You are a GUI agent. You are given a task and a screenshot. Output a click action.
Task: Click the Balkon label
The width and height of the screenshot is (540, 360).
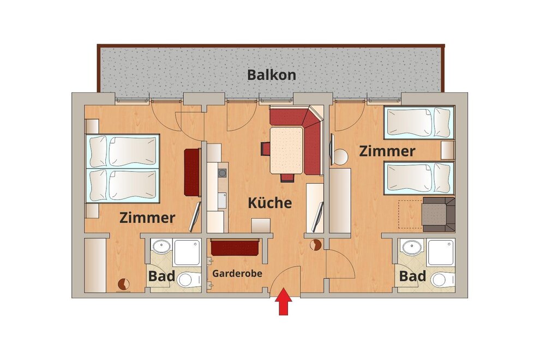pyautogui.click(x=272, y=75)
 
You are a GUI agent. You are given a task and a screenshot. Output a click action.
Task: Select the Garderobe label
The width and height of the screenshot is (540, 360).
pyautogui.click(x=237, y=273)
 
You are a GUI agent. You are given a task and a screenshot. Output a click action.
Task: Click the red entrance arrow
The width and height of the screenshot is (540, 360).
pyautogui.click(x=284, y=302)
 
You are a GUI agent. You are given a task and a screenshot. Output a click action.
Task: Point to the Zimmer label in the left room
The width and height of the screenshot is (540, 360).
pyautogui.click(x=147, y=218)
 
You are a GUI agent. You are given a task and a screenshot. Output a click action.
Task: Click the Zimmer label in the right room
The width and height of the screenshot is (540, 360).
pyautogui.click(x=387, y=151)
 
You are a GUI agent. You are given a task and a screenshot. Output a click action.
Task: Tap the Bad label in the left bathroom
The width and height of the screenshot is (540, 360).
pyautogui.click(x=161, y=276)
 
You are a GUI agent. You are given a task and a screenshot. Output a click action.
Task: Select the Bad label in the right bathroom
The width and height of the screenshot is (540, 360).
pyautogui.click(x=412, y=276)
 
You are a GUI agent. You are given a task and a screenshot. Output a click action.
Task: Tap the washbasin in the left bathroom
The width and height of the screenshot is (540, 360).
pyautogui.click(x=162, y=247)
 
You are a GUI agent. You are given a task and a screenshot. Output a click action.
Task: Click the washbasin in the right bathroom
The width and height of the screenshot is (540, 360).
pyautogui.click(x=412, y=247)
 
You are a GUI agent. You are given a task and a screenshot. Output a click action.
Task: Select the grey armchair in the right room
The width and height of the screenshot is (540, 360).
pyautogui.click(x=439, y=214)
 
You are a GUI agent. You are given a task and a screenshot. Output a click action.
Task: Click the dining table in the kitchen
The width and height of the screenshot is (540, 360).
pyautogui.click(x=286, y=150)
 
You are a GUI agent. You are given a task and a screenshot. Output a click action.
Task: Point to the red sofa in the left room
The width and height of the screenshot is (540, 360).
pyautogui.click(x=192, y=172)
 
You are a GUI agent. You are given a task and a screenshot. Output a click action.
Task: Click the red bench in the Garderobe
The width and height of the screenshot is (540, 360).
pyautogui.click(x=235, y=247)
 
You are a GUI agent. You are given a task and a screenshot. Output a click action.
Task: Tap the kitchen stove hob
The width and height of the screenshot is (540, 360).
pyautogui.click(x=223, y=173)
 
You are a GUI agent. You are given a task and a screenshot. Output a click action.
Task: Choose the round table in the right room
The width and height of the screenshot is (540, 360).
pyautogui.click(x=340, y=157)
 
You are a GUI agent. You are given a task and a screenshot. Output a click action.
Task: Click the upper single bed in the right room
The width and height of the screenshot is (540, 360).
pyautogui.click(x=419, y=122)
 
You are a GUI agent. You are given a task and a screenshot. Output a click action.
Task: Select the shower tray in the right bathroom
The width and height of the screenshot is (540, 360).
pyautogui.click(x=441, y=253)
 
